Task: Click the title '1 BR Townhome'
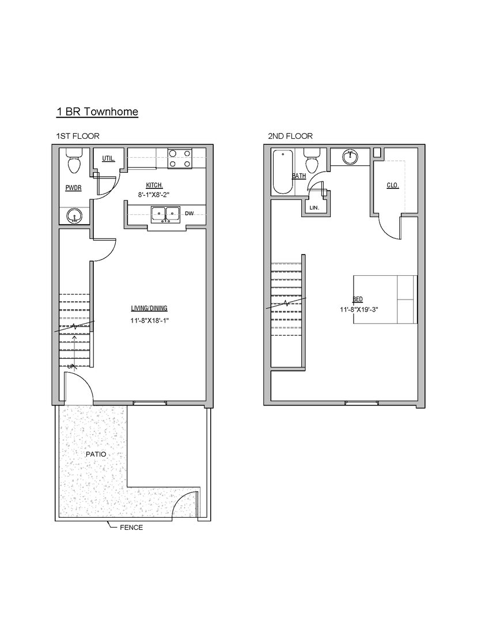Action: pyautogui.click(x=97, y=112)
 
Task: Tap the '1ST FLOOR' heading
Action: pyautogui.click(x=78, y=136)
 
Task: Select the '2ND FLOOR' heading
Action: pyautogui.click(x=290, y=136)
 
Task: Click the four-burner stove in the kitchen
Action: pyautogui.click(x=180, y=158)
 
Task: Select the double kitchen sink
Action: pyautogui.click(x=165, y=214)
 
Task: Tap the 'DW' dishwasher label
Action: pyautogui.click(x=190, y=214)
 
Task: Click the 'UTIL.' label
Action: pyautogui.click(x=108, y=159)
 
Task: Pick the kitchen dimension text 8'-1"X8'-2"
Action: pyautogui.click(x=154, y=195)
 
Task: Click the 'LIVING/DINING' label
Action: pyautogui.click(x=149, y=308)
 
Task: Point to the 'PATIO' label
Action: pyautogui.click(x=96, y=454)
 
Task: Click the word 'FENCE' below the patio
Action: pyautogui.click(x=131, y=527)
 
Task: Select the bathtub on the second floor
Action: pyautogui.click(x=283, y=172)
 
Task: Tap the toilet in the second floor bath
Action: pyautogui.click(x=311, y=161)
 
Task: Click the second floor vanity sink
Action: pyautogui.click(x=350, y=157)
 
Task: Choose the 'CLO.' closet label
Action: pyautogui.click(x=393, y=185)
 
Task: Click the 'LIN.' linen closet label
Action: pyautogui.click(x=315, y=207)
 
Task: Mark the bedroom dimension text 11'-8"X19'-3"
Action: pyautogui.click(x=359, y=309)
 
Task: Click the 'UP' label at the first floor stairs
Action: pyautogui.click(x=71, y=366)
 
